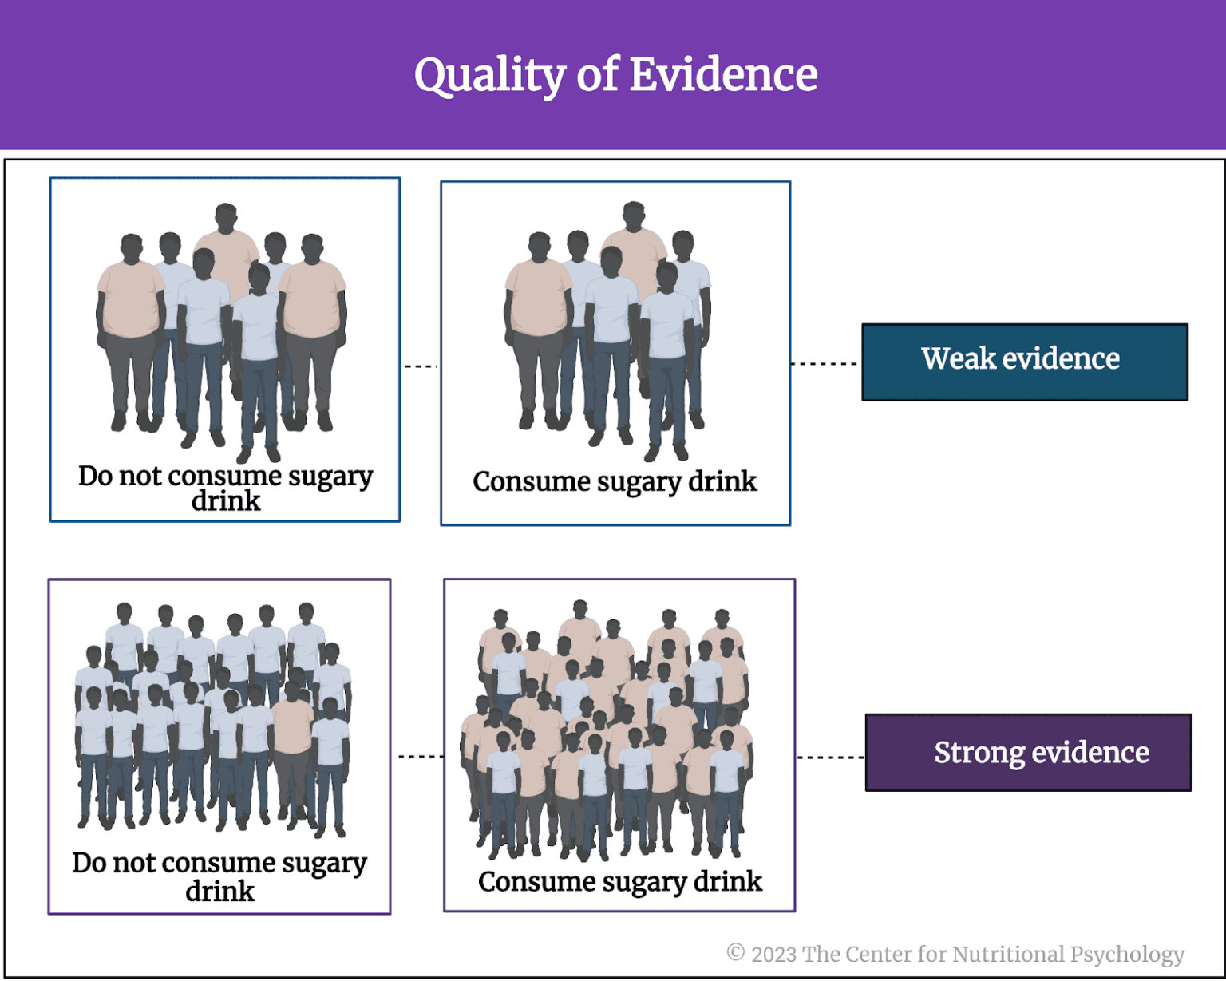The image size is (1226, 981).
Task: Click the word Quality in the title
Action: pyautogui.click(x=488, y=76)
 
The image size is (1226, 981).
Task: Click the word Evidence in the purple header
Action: pyautogui.click(x=723, y=75)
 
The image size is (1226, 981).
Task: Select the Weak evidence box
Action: pyautogui.click(x=1024, y=362)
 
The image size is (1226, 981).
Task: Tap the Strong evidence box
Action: pyautogui.click(x=1028, y=752)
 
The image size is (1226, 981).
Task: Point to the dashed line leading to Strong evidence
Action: pyautogui.click(x=830, y=757)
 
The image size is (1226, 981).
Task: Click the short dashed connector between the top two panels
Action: pyautogui.click(x=421, y=366)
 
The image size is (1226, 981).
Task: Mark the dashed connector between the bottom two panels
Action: pyautogui.click(x=420, y=756)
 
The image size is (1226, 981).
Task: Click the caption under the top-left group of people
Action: pyautogui.click(x=225, y=488)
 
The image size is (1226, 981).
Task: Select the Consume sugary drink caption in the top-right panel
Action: pyautogui.click(x=615, y=481)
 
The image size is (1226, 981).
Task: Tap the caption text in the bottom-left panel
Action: pyautogui.click(x=219, y=876)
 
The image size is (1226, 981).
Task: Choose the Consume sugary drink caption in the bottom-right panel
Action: pyautogui.click(x=619, y=881)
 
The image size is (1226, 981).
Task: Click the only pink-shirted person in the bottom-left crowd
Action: pyautogui.click(x=292, y=726)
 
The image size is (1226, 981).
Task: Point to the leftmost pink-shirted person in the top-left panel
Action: pyautogui.click(x=130, y=299)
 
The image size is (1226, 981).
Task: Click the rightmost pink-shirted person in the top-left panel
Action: pyautogui.click(x=313, y=299)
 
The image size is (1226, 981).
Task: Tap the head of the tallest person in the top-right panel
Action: pyautogui.click(x=634, y=216)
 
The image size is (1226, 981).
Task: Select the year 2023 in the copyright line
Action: pyautogui.click(x=773, y=954)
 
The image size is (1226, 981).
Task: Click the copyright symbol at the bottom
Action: pyautogui.click(x=735, y=953)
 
